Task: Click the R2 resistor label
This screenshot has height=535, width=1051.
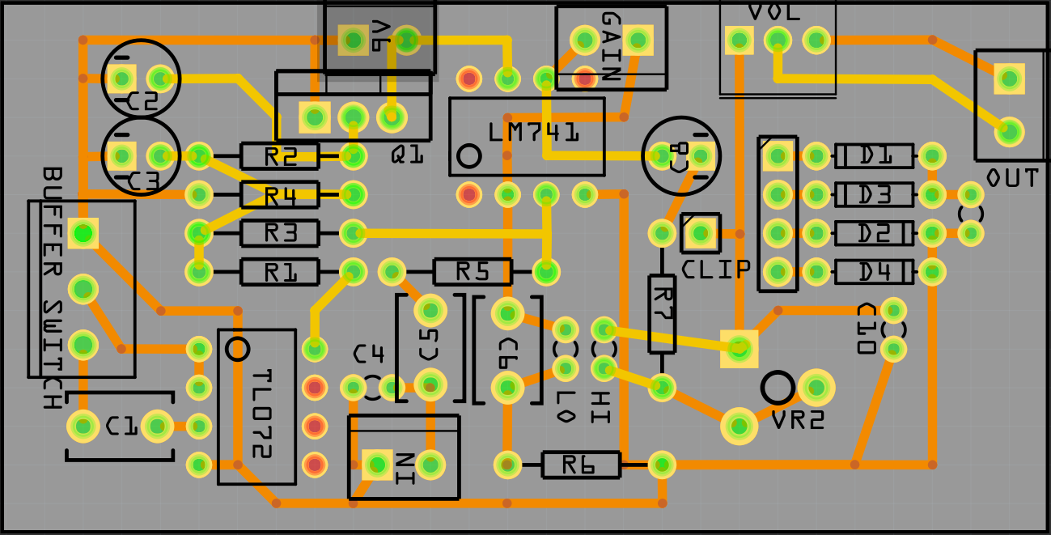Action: point(280,156)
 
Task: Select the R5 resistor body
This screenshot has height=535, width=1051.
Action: point(473,272)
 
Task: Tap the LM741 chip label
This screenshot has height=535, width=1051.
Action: point(534,132)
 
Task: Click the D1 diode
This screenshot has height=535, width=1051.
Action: point(874,155)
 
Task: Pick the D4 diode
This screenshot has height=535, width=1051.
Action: point(874,272)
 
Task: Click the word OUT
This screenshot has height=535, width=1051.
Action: point(1012,178)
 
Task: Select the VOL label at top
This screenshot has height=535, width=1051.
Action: point(774,12)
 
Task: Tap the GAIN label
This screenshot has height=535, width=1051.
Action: point(611,46)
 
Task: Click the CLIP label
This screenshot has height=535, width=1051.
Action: point(716,269)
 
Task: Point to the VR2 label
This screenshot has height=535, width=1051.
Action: point(798,420)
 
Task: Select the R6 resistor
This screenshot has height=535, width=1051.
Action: point(581,465)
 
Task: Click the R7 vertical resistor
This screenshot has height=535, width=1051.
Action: point(662,313)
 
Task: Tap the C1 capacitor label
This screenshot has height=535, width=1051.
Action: point(121,426)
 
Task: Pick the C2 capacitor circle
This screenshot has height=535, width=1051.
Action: point(142,78)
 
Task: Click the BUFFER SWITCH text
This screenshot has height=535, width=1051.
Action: point(53,287)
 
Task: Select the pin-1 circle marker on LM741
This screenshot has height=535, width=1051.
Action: point(468,157)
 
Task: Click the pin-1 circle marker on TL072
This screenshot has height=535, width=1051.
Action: point(237,348)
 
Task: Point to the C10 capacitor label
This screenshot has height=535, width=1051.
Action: point(867,329)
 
